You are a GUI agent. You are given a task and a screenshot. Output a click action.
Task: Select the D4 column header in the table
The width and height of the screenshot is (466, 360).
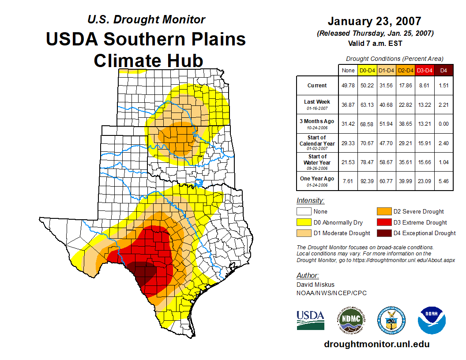[443, 70]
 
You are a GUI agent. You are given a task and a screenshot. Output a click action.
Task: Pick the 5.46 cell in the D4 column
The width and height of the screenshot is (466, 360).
[443, 181]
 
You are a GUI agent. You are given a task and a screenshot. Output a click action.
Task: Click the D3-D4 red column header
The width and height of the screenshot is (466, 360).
[425, 70]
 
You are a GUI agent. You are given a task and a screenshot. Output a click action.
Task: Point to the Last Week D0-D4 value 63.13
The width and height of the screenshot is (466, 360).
[368, 105]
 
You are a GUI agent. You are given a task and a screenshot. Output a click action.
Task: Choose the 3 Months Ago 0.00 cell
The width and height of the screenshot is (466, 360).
[443, 124]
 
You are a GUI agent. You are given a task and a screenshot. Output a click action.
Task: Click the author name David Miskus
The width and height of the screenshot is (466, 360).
[316, 285]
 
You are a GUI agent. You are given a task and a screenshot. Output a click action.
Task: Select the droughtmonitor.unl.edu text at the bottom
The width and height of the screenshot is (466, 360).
[376, 344]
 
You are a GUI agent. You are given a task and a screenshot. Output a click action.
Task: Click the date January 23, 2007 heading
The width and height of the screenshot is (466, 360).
[374, 21]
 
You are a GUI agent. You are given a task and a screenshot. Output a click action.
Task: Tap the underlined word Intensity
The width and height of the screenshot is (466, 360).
[310, 201]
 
